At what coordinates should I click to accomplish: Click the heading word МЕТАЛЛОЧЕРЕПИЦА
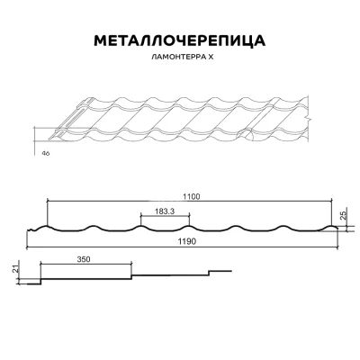click(x=179, y=41)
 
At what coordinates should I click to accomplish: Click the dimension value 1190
click(x=187, y=242)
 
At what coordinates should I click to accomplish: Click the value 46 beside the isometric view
click(x=44, y=154)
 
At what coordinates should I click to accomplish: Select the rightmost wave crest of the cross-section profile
click(x=328, y=225)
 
